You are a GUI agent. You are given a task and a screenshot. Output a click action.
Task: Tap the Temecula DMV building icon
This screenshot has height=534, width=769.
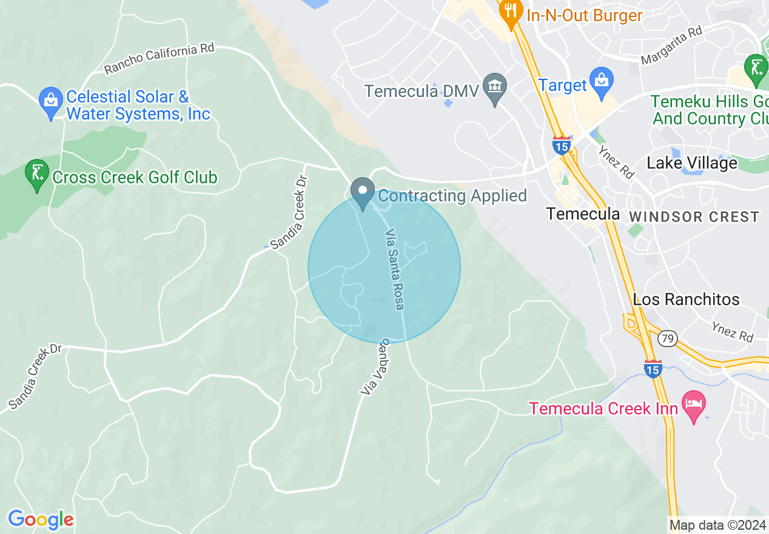point(495,89)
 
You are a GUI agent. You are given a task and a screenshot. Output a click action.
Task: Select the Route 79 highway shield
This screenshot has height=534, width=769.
point(668,339)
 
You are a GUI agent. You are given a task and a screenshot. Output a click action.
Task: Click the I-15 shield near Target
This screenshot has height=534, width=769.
point(561,146)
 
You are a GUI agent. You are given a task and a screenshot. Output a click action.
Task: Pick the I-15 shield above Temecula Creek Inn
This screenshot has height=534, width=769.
point(653,368)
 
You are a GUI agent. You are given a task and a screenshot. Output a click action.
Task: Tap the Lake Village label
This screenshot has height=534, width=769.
point(691,163)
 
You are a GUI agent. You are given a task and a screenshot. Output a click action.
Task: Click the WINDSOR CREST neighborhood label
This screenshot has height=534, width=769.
point(694,217)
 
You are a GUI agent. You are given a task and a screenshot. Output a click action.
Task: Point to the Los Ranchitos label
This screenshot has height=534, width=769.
point(686,299)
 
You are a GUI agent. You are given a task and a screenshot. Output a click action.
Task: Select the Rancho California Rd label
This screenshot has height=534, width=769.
point(160,59)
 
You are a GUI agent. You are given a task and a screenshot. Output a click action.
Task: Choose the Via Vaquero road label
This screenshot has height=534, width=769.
point(376,368)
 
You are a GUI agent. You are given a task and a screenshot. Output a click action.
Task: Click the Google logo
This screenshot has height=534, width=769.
point(41,519)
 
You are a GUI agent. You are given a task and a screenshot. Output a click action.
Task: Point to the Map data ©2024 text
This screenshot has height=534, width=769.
point(716,525)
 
